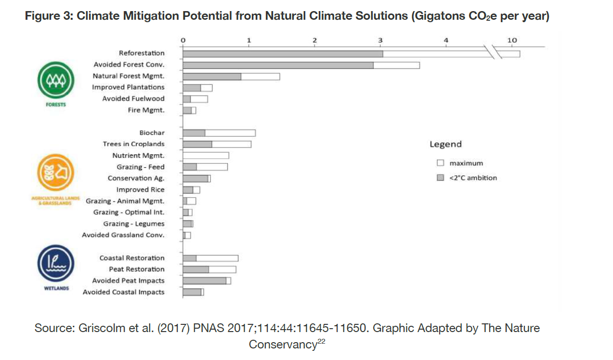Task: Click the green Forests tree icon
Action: pyautogui.click(x=56, y=80)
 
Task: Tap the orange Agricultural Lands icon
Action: pyautogui.click(x=56, y=173)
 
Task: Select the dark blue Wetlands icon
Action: pyautogui.click(x=56, y=263)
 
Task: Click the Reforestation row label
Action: pyautogui.click(x=142, y=53)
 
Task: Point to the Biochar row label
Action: pyautogui.click(x=152, y=133)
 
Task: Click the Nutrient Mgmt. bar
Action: pyautogui.click(x=206, y=156)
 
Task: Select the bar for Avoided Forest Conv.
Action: pyautogui.click(x=301, y=65)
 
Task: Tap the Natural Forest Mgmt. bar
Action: pyautogui.click(x=231, y=77)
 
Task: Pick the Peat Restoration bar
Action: pyautogui.click(x=209, y=269)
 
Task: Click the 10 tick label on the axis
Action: pyautogui.click(x=512, y=40)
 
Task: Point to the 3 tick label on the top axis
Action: pyautogui.click(x=380, y=40)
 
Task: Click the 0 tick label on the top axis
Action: pyautogui.click(x=183, y=40)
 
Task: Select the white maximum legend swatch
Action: pyautogui.click(x=440, y=163)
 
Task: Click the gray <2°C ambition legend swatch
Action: pyautogui.click(x=440, y=177)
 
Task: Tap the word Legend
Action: pyautogui.click(x=445, y=144)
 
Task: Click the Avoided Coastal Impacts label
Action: pyautogui.click(x=123, y=292)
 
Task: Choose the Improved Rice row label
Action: pyautogui.click(x=141, y=189)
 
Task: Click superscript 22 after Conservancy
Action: pyautogui.click(x=321, y=341)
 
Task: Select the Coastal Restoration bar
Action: pyautogui.click(x=210, y=258)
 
